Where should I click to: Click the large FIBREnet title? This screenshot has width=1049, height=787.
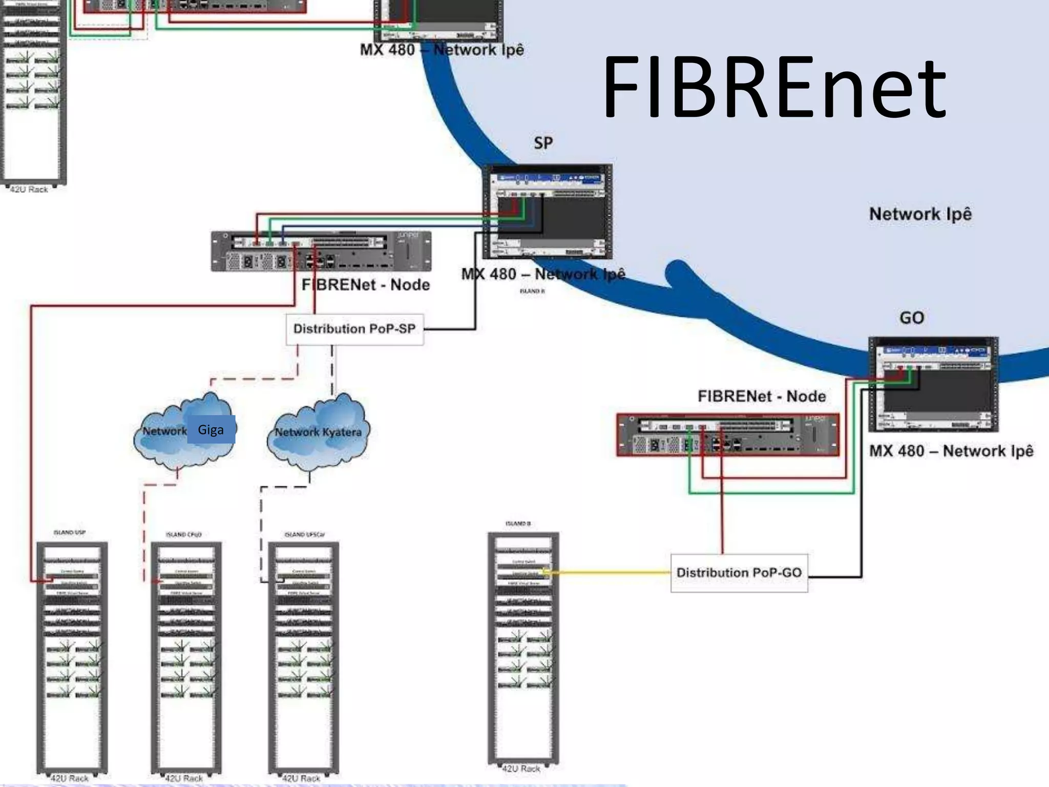pos(773,89)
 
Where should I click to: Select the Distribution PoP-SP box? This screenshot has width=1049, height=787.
pos(354,329)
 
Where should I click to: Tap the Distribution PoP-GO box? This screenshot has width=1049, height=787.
pos(739,573)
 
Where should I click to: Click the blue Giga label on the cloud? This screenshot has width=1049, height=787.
pos(211,429)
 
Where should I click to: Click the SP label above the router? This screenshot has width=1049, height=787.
pos(543,143)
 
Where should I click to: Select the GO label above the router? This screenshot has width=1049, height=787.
pos(912,318)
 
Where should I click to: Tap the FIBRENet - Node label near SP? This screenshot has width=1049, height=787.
pos(365,285)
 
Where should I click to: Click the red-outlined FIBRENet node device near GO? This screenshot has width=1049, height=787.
pos(727,435)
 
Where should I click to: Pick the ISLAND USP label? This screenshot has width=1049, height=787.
pos(70,532)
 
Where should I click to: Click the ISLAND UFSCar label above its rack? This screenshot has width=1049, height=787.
pos(304,534)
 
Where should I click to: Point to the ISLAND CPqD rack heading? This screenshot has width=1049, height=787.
pos(183,534)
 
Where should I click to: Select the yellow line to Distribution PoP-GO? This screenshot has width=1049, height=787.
pos(610,572)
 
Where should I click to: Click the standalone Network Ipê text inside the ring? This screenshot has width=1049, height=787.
pos(920,214)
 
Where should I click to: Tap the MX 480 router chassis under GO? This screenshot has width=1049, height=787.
pos(933,384)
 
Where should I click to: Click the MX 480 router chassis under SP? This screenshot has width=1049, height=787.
pos(547,211)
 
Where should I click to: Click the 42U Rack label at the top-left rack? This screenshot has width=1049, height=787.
pos(29,190)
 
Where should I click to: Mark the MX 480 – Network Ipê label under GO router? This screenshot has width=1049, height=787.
pos(951,451)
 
